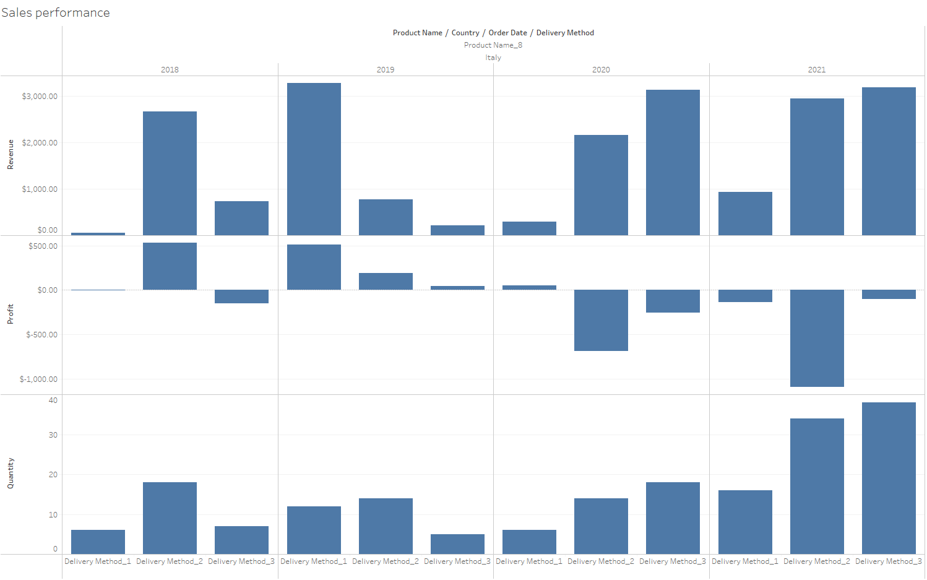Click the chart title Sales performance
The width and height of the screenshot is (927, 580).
click(x=56, y=13)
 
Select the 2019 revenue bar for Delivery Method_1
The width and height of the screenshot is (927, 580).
click(x=314, y=159)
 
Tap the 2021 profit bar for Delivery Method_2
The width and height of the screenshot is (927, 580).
click(x=817, y=338)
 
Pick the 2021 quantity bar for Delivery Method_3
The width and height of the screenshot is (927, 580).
click(x=889, y=478)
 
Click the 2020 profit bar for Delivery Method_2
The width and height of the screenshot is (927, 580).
click(x=601, y=320)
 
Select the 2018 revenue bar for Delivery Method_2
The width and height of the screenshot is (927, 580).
click(x=170, y=173)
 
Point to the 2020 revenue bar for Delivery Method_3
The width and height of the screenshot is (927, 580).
click(x=673, y=162)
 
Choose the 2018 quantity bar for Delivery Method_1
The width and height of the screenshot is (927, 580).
click(x=98, y=542)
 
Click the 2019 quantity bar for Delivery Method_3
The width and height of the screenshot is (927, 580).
click(x=457, y=544)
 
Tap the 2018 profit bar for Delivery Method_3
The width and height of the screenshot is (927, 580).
click(x=241, y=296)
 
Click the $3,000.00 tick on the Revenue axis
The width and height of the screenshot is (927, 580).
click(x=40, y=97)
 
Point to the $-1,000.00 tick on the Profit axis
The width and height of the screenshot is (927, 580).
click(x=38, y=379)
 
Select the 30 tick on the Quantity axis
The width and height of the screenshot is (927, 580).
click(x=53, y=435)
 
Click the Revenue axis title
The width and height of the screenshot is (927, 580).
click(x=11, y=155)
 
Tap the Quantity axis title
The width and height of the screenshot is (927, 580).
click(x=11, y=474)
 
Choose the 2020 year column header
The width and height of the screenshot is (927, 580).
click(x=601, y=70)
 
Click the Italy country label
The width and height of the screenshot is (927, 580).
click(x=493, y=58)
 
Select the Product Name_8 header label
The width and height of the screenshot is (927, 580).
click(x=493, y=45)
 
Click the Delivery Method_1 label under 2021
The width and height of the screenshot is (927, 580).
click(x=745, y=561)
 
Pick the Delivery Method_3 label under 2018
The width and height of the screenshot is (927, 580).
click(x=241, y=561)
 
